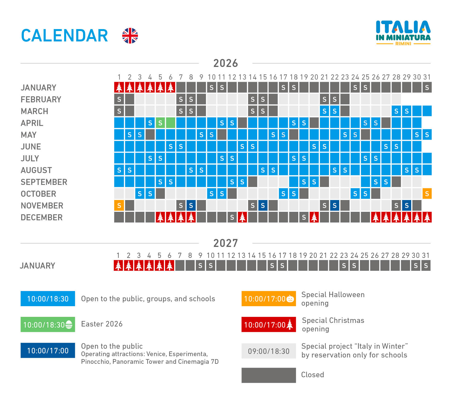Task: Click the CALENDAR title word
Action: click(64, 36)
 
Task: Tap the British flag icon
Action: click(130, 36)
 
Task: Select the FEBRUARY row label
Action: click(41, 99)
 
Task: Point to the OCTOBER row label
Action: click(38, 194)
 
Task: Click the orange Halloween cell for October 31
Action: click(427, 194)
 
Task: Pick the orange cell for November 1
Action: click(119, 205)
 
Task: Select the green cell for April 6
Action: click(171, 123)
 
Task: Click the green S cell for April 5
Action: click(160, 123)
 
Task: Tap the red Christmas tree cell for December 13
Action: click(242, 217)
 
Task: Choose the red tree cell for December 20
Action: click(314, 217)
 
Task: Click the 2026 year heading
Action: click(226, 63)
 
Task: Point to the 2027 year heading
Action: click(226, 243)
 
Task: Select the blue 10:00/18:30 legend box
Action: click(48, 299)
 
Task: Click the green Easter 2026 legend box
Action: click(48, 325)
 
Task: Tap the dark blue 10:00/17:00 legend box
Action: click(48, 350)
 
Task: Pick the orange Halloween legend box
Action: click(269, 299)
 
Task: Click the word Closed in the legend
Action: click(313, 375)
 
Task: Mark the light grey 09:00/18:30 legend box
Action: click(269, 351)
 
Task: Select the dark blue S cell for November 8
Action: click(191, 205)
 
